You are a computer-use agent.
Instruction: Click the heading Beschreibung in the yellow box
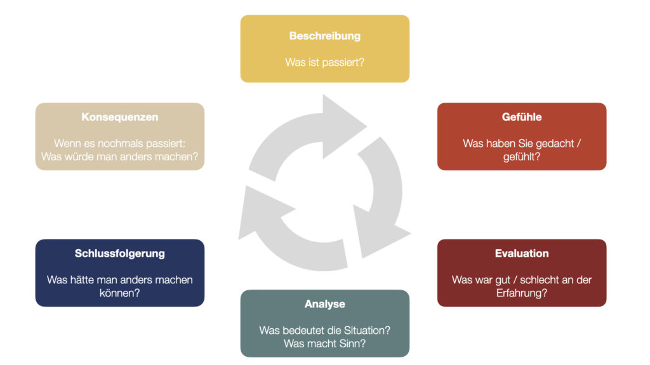click(x=324, y=36)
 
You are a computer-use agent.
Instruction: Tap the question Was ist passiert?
click(x=324, y=63)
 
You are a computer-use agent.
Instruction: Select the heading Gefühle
click(x=521, y=117)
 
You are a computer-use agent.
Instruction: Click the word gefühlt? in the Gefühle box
click(x=521, y=157)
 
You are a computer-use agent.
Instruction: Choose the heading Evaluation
click(x=521, y=253)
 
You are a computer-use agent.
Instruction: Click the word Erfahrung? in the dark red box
click(x=521, y=293)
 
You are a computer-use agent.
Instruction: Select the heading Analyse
click(x=324, y=304)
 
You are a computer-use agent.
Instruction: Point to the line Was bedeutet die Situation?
click(x=324, y=330)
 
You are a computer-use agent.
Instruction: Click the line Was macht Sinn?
click(x=324, y=344)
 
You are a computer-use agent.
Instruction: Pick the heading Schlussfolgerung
click(x=119, y=253)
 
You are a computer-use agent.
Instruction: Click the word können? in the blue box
click(x=119, y=293)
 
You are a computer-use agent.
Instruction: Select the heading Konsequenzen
click(x=119, y=117)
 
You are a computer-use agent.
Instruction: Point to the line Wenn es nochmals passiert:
click(x=119, y=144)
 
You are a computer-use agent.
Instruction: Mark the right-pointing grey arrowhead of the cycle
click(x=343, y=123)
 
